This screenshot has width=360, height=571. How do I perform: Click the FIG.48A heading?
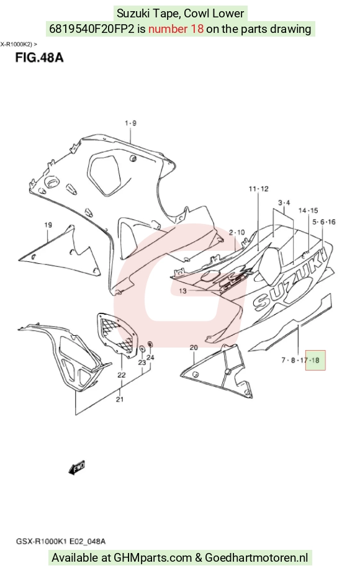click(x=39, y=58)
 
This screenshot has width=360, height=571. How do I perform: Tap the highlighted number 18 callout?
click(x=315, y=360)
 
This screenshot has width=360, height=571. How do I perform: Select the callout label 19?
click(x=48, y=225)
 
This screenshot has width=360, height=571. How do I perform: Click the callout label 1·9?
click(x=131, y=123)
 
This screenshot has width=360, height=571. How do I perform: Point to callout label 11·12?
click(x=258, y=189)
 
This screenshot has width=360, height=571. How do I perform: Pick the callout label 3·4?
click(x=284, y=202)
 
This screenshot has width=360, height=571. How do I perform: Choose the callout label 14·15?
click(x=308, y=210)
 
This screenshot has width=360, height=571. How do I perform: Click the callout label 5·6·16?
click(x=324, y=222)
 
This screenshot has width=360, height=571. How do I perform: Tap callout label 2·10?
click(x=237, y=232)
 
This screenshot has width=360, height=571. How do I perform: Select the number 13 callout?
click(x=182, y=291)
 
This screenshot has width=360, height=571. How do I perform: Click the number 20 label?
click(x=194, y=348)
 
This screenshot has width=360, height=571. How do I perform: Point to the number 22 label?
click(x=121, y=375)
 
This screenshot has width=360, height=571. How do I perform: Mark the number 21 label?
click(x=120, y=399)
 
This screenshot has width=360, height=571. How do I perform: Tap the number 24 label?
click(x=150, y=357)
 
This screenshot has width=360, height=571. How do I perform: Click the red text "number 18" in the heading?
click(x=176, y=29)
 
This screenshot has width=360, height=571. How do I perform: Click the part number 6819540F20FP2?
click(x=92, y=29)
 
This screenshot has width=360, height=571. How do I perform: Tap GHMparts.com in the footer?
click(x=153, y=557)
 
